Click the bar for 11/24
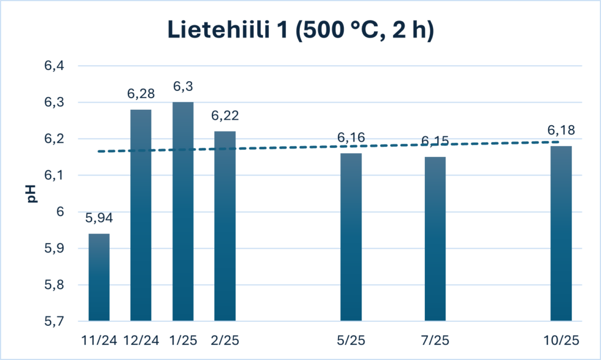pos(99,277)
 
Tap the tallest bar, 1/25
pos(183,211)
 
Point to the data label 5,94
pos(99,219)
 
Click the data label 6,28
pos(141,94)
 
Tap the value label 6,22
pos(225,116)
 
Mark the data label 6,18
pos(561,130)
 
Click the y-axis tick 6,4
pos(53,66)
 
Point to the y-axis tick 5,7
pos(53,322)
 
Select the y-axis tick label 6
pos(59,212)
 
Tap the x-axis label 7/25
pos(435,339)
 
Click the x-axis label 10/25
pos(561,339)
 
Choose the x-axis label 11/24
pos(99,339)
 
